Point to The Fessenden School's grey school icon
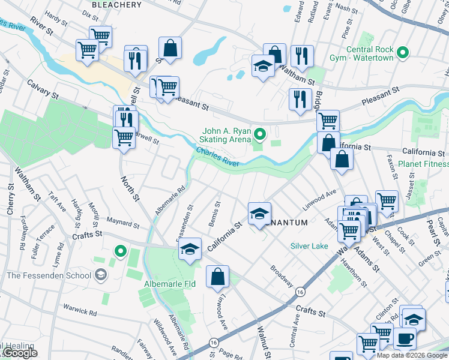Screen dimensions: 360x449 (x=101, y=275)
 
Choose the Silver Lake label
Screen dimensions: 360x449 (x=309, y=246)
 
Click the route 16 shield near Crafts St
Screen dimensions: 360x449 (x=300, y=291)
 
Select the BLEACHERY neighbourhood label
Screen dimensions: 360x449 (x=117, y=5)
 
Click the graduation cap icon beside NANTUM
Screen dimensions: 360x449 (x=259, y=214)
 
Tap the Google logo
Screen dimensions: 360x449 (x=19, y=353)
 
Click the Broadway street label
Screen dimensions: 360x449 (x=281, y=275)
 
